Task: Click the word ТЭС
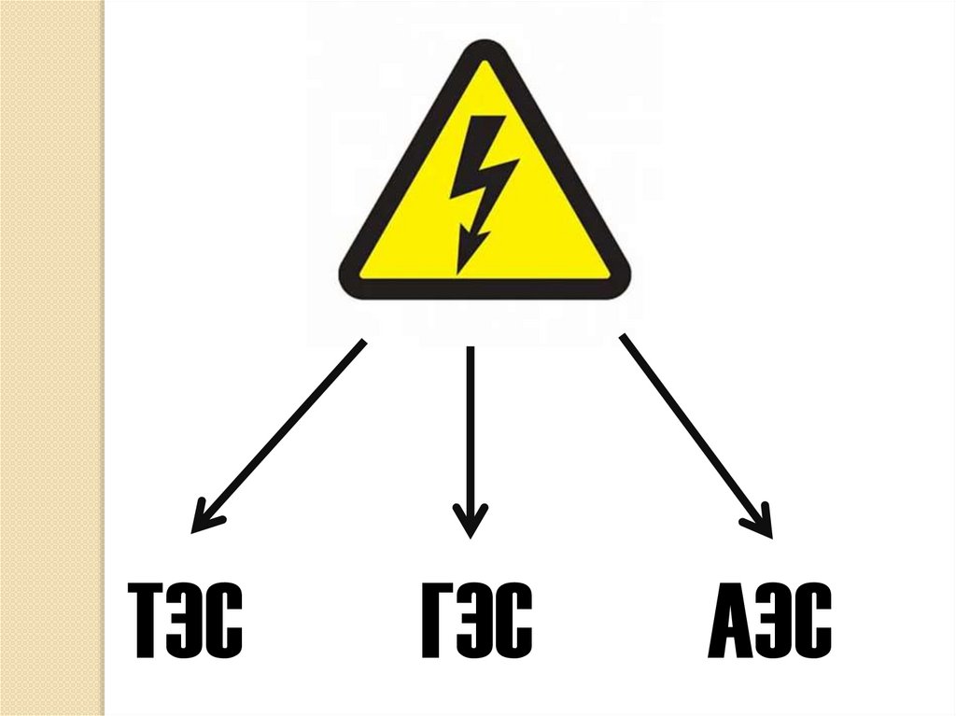[184, 619]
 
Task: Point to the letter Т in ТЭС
[146, 619]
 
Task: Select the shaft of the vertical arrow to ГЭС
[470, 429]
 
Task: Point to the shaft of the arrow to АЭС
[691, 429]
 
